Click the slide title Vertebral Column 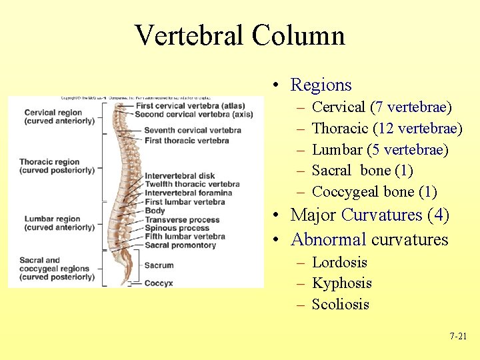coord(239,35)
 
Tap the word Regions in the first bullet coord(321,85)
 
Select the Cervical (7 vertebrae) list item coord(381,107)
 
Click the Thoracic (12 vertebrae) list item coord(387,128)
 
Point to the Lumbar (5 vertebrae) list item coord(380,149)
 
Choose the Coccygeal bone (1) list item coord(374,192)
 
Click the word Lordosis coord(339,262)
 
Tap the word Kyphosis coord(341,283)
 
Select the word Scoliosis coord(340,304)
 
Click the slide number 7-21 coord(458,337)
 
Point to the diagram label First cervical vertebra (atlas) coord(189,105)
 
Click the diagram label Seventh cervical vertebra coord(192,130)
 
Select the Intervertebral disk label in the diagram coord(179,176)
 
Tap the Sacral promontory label coord(180,245)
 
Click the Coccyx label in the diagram coord(159,283)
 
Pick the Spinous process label coord(177,228)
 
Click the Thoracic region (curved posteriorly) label coord(57,166)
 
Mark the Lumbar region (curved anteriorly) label coord(59,223)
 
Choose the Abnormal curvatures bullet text coord(369,239)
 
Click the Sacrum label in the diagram coord(159,265)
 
